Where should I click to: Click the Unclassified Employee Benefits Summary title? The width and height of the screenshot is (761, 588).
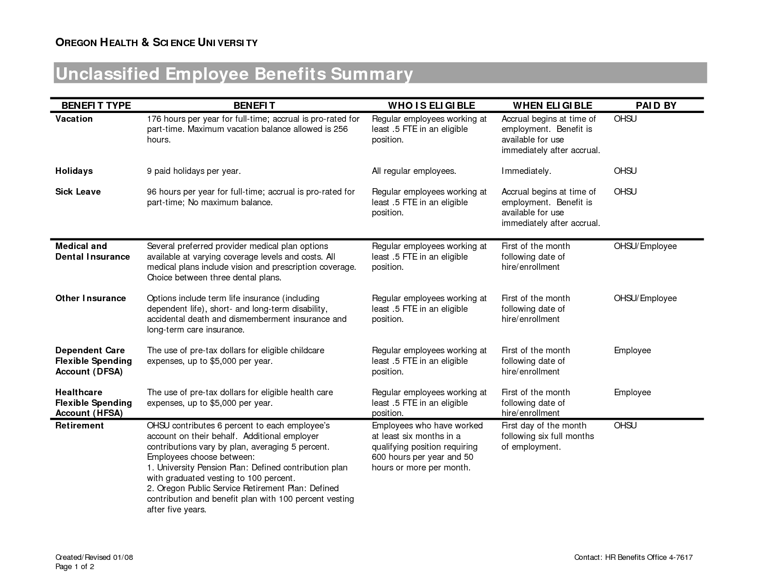pos(234,74)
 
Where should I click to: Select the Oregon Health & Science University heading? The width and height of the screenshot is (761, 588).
pos(156,43)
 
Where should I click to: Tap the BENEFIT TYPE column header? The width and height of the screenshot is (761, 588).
pos(96,106)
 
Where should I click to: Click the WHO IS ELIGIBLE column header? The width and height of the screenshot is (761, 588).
pos(431,106)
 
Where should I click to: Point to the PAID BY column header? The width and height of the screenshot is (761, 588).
pos(656,106)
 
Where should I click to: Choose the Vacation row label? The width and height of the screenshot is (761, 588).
pos(74,119)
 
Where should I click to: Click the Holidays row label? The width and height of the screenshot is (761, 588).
pos(74,171)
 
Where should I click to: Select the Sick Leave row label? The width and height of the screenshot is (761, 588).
pos(78,192)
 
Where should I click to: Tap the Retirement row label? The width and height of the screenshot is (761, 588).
pos(79,426)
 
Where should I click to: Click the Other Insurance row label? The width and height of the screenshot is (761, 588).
pos(90,298)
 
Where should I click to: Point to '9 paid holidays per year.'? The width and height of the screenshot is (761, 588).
pos(194,171)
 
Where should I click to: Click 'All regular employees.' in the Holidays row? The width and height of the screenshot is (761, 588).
pos(414,171)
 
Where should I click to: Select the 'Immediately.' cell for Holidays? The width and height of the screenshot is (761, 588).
pos(526,171)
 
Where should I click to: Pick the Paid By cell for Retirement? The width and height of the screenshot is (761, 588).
pos(625,426)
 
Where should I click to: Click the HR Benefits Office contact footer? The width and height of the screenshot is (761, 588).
pos(633,558)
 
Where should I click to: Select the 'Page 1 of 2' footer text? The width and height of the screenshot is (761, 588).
pos(75,567)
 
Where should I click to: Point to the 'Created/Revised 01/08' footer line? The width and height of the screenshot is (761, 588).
pos(94,558)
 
